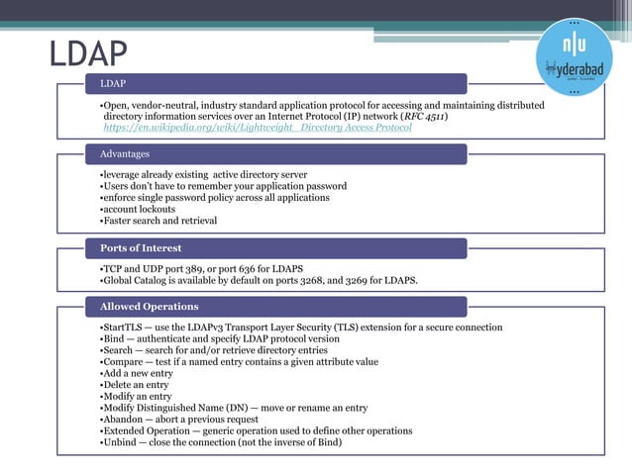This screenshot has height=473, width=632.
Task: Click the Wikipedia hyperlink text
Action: (x=257, y=128)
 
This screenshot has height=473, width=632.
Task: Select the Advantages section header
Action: (x=125, y=154)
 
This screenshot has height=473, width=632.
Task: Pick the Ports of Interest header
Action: (x=141, y=247)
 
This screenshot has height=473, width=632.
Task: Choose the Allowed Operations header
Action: (x=149, y=306)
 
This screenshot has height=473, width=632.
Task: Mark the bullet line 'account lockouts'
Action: (x=139, y=209)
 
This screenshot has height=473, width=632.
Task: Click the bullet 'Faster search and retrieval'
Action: (x=159, y=221)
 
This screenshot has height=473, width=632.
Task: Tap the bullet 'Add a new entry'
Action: (x=138, y=373)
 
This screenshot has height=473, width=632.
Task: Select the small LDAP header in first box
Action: (x=112, y=83)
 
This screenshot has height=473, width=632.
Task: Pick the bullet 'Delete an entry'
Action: (x=137, y=385)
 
